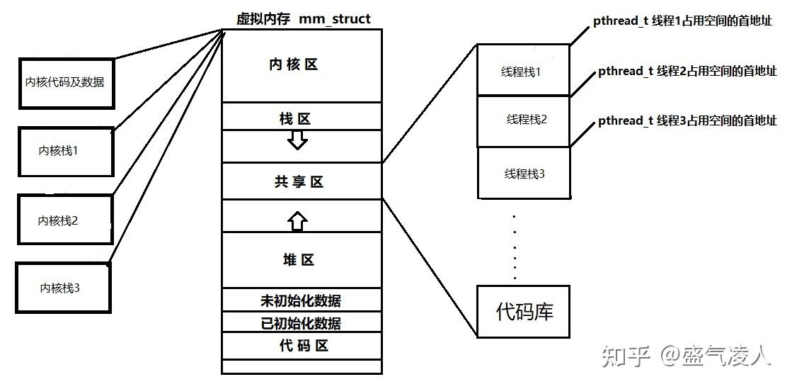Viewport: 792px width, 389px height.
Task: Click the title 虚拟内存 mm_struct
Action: tap(303, 19)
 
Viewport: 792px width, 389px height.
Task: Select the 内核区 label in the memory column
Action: tap(294, 64)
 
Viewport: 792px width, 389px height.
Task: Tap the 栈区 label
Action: tap(295, 119)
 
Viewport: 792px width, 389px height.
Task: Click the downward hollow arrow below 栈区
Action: tap(298, 140)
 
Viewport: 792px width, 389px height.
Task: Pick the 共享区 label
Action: tap(299, 182)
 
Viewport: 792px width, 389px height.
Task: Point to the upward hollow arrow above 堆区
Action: tap(297, 221)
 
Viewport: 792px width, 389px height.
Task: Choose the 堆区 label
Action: tap(297, 260)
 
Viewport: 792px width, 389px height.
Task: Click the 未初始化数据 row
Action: tap(301, 300)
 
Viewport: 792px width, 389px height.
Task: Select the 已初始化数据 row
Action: tap(301, 324)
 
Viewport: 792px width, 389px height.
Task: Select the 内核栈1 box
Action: tap(65, 152)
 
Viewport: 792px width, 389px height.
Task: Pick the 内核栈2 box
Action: tap(64, 220)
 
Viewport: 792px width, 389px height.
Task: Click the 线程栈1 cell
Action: tap(524, 72)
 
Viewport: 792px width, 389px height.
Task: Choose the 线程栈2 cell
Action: tap(524, 120)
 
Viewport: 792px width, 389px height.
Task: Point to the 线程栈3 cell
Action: tap(524, 173)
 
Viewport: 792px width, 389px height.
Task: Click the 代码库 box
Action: tap(524, 311)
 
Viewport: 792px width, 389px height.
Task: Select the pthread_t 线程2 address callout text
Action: tap(687, 71)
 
